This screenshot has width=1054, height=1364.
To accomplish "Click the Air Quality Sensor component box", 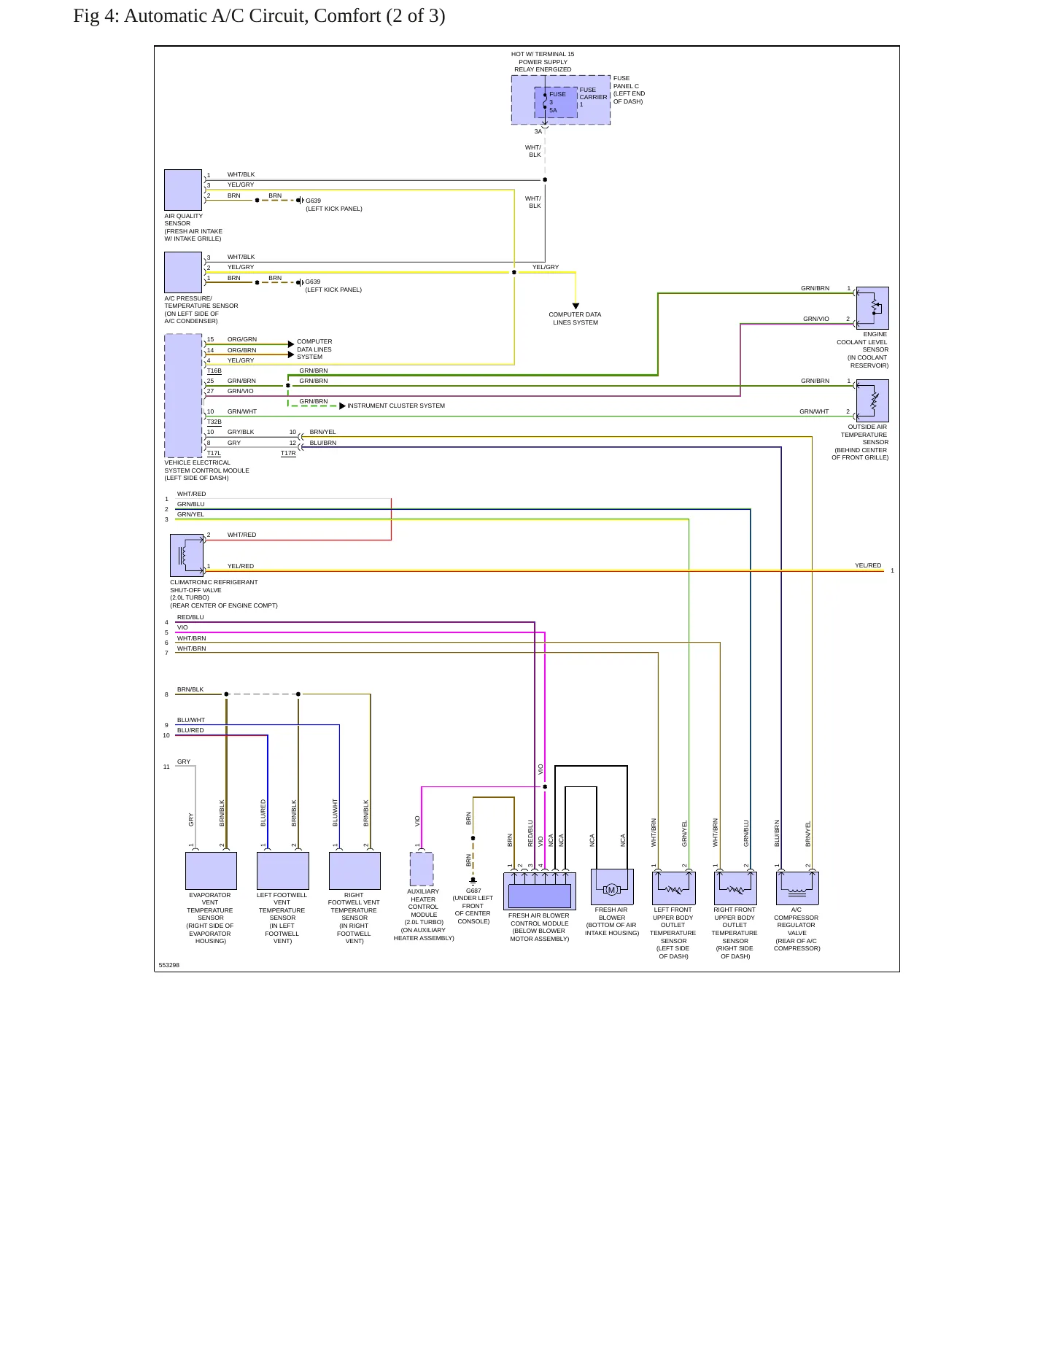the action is pos(183,190).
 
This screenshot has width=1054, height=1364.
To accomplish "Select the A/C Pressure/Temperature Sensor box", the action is pos(183,272).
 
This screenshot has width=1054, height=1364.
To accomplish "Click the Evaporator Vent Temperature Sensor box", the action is pos(211,871).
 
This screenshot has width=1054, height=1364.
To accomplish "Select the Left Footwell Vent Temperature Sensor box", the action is pos(283,871).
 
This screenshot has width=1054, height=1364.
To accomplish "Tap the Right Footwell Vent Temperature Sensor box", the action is pos(354,871).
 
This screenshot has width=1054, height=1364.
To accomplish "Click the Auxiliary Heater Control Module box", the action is pos(422,869).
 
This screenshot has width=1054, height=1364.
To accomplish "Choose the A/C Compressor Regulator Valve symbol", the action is pos(797,888).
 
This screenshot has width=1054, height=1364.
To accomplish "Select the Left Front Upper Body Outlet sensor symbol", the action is pos(673,888).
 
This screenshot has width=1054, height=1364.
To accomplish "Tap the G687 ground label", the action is pos(473,891).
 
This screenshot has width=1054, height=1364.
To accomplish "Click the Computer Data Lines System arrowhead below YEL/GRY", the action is pos(576,306).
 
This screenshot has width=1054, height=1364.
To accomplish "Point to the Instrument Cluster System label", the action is pos(396,406).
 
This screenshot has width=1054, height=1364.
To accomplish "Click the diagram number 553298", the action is pos(169,965).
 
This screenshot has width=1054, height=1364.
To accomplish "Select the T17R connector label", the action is pos(288,454).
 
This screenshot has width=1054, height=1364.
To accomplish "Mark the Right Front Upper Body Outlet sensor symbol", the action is pos(735,888).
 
